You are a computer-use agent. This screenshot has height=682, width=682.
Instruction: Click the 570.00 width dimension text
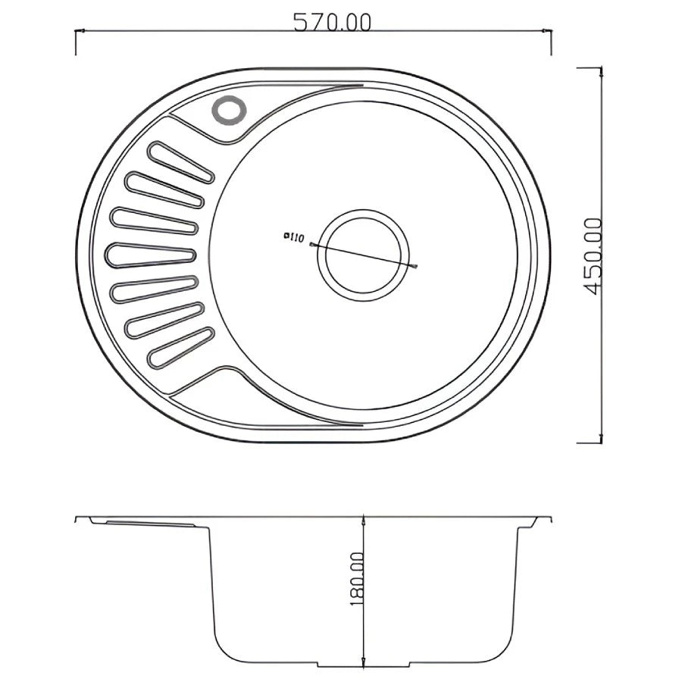(x=333, y=22)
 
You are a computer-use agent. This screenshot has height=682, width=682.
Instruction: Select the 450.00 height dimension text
(x=593, y=256)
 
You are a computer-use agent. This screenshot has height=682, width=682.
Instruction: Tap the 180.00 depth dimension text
(x=356, y=579)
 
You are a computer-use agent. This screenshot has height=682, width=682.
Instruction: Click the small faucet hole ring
(x=229, y=110)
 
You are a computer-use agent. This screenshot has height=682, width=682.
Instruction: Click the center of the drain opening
(x=363, y=255)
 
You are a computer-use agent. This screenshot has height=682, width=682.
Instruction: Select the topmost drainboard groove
(x=181, y=161)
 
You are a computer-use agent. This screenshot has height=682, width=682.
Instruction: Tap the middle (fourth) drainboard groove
(x=150, y=255)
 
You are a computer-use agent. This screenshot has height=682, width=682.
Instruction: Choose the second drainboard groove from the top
(x=164, y=189)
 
